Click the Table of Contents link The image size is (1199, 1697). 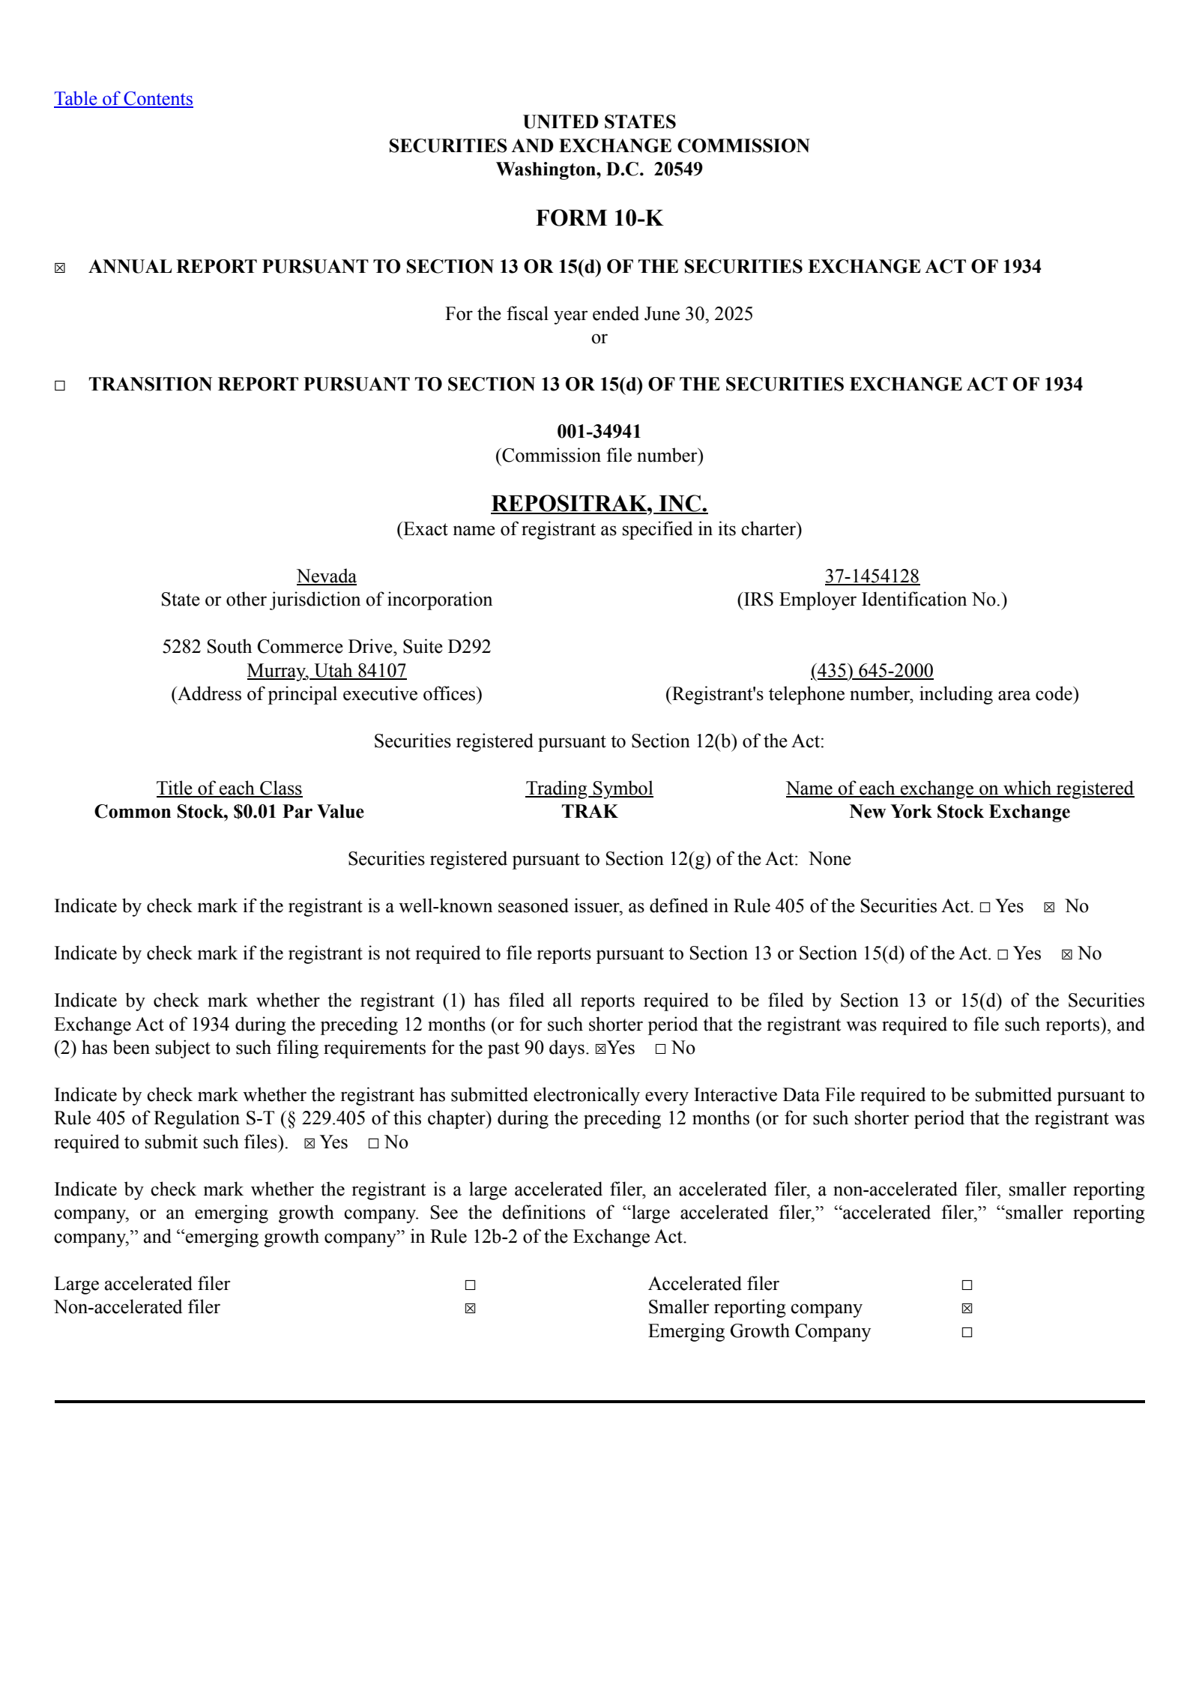click(x=123, y=99)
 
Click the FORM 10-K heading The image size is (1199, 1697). click(x=599, y=218)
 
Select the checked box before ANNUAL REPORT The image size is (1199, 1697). click(x=60, y=268)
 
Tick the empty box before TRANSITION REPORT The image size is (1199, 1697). click(x=60, y=386)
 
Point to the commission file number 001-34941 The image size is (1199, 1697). click(x=599, y=432)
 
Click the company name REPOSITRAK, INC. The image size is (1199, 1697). click(x=599, y=504)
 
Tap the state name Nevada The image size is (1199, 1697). click(x=326, y=576)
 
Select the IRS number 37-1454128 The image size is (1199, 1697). click(x=872, y=576)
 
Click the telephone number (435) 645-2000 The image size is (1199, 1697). click(x=872, y=671)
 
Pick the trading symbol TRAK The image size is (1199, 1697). click(x=590, y=812)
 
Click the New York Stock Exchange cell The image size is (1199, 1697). click(x=959, y=812)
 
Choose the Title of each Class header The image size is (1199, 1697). click(x=229, y=789)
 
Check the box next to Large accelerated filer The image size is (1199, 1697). click(x=470, y=1285)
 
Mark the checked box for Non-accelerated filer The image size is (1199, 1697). click(x=470, y=1309)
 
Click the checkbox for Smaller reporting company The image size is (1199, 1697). click(x=967, y=1309)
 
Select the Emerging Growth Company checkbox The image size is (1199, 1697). click(x=967, y=1332)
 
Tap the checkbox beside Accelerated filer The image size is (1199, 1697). click(x=967, y=1285)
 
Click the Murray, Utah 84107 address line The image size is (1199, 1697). click(x=326, y=671)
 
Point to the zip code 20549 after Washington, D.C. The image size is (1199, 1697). click(x=678, y=169)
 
